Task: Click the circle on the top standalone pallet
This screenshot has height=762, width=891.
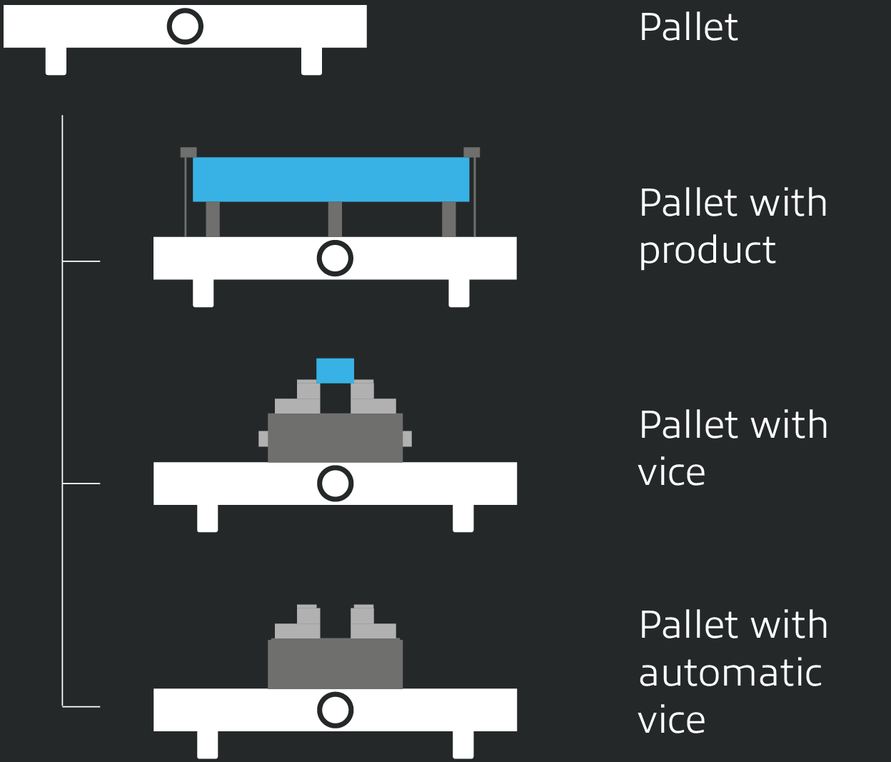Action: click(185, 27)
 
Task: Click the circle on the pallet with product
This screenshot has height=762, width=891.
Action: click(335, 258)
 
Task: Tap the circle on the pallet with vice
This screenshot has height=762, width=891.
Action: click(335, 483)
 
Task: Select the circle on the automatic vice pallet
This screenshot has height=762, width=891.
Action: click(335, 710)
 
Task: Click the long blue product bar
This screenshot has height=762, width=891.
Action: click(331, 179)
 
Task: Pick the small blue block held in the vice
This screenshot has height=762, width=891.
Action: click(335, 371)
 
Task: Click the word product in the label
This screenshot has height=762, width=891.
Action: click(707, 251)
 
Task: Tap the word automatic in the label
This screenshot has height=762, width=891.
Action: click(730, 673)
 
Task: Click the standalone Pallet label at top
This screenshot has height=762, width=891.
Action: click(688, 27)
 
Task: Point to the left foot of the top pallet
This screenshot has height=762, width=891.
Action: click(56, 61)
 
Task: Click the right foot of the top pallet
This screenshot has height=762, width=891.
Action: click(311, 61)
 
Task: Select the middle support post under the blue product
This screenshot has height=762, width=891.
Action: click(335, 219)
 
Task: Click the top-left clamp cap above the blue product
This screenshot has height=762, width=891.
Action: click(188, 152)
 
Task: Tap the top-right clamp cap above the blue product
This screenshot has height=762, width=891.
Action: click(472, 152)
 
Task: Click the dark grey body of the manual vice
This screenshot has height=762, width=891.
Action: click(335, 438)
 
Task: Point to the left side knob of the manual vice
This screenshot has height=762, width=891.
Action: click(263, 438)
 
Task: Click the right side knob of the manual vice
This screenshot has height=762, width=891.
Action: click(407, 438)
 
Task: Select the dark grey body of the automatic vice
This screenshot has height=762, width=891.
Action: click(335, 663)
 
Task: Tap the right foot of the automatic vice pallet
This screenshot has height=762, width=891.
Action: click(463, 745)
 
